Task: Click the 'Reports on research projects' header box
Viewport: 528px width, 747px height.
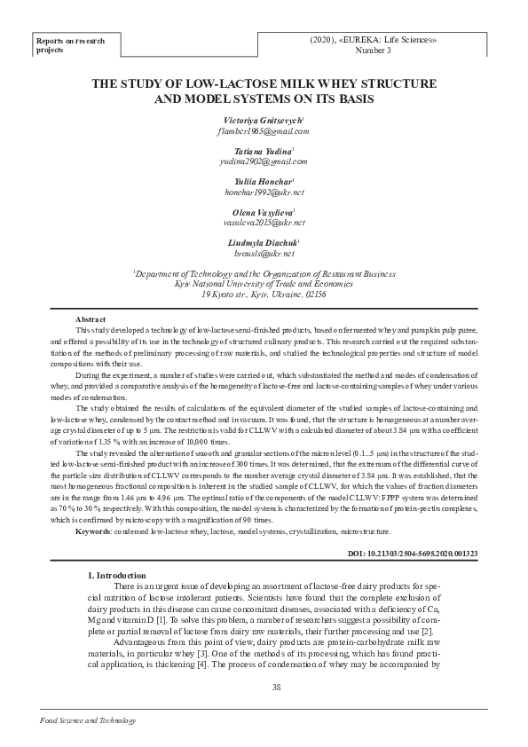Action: pyautogui.click(x=71, y=45)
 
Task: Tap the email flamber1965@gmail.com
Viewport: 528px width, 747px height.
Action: pyautogui.click(x=264, y=130)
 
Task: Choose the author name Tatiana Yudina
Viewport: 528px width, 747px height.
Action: pyautogui.click(x=263, y=151)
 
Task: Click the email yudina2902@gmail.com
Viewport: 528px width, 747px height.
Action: pyautogui.click(x=264, y=161)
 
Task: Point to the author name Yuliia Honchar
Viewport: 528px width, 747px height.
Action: pyautogui.click(x=263, y=182)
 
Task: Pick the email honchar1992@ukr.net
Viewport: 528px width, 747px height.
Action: pyautogui.click(x=264, y=192)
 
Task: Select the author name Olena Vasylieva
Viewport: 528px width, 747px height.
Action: pyautogui.click(x=263, y=212)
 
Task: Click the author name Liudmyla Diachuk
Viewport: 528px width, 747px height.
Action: pyautogui.click(x=263, y=242)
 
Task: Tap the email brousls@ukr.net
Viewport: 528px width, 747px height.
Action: pyautogui.click(x=264, y=253)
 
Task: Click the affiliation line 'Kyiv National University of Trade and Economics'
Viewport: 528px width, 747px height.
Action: pyautogui.click(x=264, y=284)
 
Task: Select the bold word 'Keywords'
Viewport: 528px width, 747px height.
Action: pyautogui.click(x=93, y=531)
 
